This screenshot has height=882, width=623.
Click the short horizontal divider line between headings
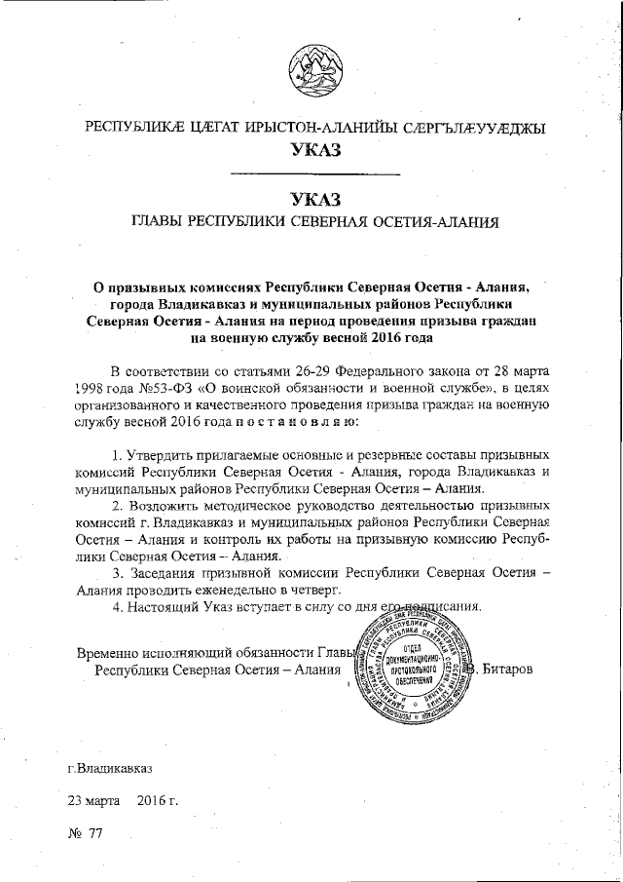tap(312, 174)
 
